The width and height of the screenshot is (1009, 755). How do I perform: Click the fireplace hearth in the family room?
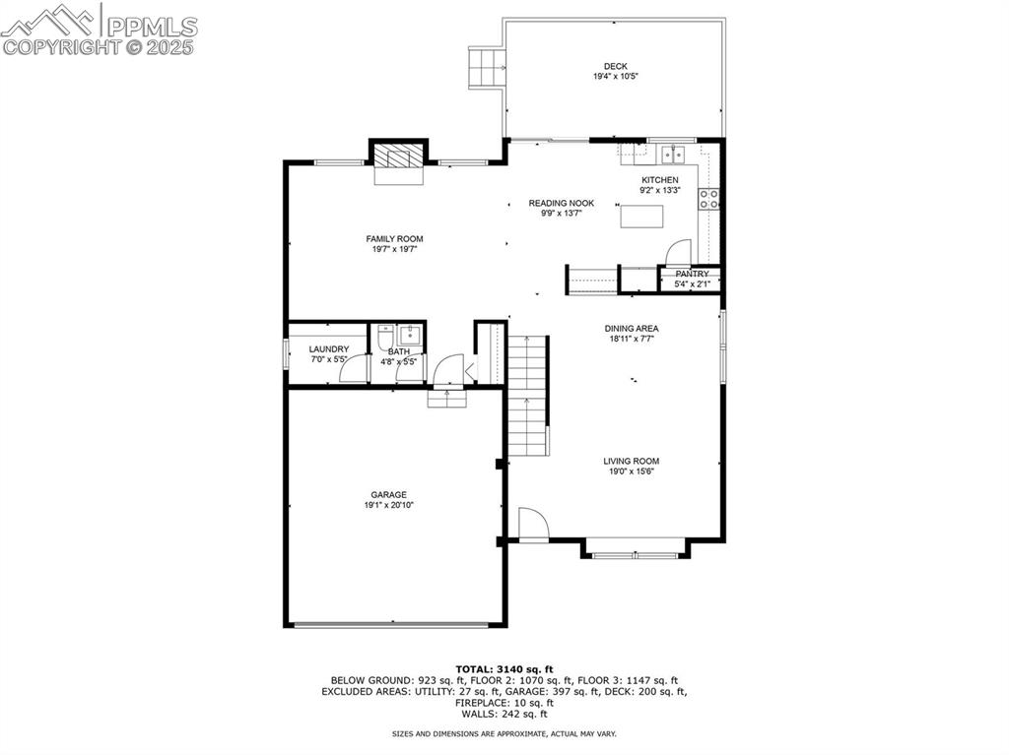pyautogui.click(x=399, y=158)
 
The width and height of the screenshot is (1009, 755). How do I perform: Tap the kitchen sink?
pyautogui.click(x=674, y=154)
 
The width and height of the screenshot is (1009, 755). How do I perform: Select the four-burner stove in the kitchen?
pyautogui.click(x=707, y=199)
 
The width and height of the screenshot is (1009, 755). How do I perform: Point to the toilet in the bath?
pyautogui.click(x=386, y=338)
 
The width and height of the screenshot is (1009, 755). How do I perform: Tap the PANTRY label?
pyautogui.click(x=692, y=274)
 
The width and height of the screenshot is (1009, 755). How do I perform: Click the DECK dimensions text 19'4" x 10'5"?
pyautogui.click(x=615, y=77)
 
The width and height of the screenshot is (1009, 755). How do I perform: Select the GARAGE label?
pyautogui.click(x=388, y=495)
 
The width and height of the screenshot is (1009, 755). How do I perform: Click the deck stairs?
pyautogui.click(x=487, y=68)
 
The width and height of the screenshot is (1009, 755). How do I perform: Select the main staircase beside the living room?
pyautogui.click(x=528, y=394)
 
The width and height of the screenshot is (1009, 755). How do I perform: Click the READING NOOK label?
pyautogui.click(x=561, y=203)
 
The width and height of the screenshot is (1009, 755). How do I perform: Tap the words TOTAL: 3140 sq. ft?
pyautogui.click(x=504, y=668)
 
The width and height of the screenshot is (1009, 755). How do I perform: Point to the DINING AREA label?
pyautogui.click(x=632, y=329)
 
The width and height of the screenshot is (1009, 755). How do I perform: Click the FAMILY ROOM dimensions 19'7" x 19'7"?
pyautogui.click(x=394, y=249)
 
